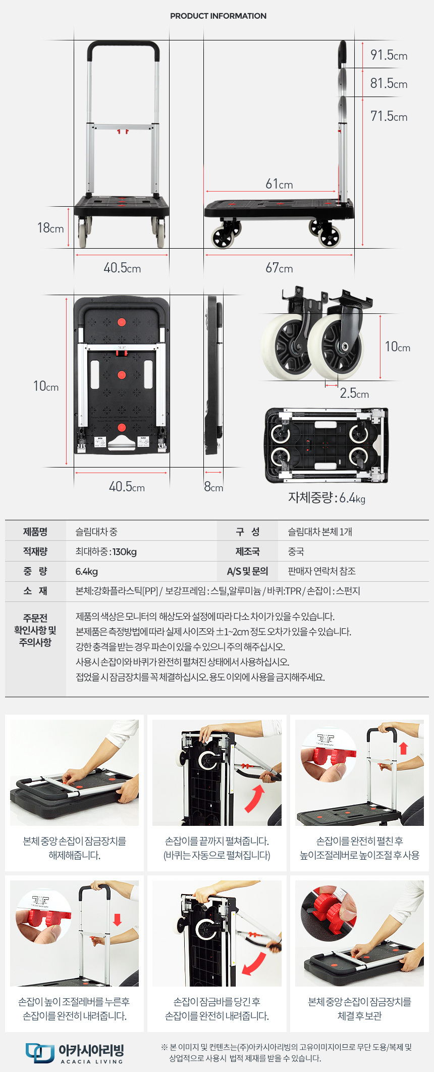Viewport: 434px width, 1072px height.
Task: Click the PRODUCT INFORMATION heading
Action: coord(218,16)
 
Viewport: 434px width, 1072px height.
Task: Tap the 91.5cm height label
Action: coord(389,55)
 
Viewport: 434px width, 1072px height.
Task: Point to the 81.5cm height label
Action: coord(389,83)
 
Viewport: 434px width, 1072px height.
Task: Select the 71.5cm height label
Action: coord(389,116)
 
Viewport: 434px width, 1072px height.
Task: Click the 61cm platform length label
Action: coord(279,184)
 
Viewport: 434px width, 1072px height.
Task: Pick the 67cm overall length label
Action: coord(279,268)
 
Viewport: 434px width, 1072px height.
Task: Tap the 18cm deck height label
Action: coord(50,228)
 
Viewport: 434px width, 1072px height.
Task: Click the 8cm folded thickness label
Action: coord(213,487)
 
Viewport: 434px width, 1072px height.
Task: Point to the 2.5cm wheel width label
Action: coord(354,393)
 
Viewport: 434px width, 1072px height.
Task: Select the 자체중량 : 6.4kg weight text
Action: coord(327,498)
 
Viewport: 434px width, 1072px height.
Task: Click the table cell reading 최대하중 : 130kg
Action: coord(106,551)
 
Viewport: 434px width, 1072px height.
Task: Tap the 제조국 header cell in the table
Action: coord(247,551)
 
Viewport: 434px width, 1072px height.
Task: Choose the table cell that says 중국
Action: coord(296,551)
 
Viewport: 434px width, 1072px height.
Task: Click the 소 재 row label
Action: coord(35,591)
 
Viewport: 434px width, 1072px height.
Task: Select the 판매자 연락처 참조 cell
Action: coord(321,571)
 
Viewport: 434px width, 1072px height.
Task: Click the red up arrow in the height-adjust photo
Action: coord(403,748)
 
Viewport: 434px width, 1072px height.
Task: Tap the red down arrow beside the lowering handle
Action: coord(118,919)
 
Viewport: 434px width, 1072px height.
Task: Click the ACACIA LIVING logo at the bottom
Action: coord(75,1053)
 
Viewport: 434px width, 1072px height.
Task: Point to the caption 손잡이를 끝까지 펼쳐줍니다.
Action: coord(217,841)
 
